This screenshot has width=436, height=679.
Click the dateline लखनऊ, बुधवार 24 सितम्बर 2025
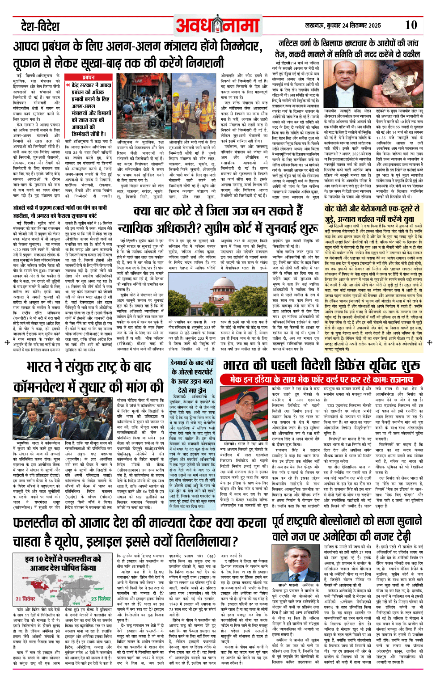pyautogui.click(x=347, y=26)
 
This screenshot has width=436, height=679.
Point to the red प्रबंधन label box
pyautogui.click(x=89, y=77)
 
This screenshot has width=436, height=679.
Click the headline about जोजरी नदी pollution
pyautogui.click(x=60, y=211)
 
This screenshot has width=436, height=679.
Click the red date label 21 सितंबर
pyautogui.click(x=25, y=599)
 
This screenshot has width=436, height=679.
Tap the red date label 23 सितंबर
pyautogui.click(x=101, y=599)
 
